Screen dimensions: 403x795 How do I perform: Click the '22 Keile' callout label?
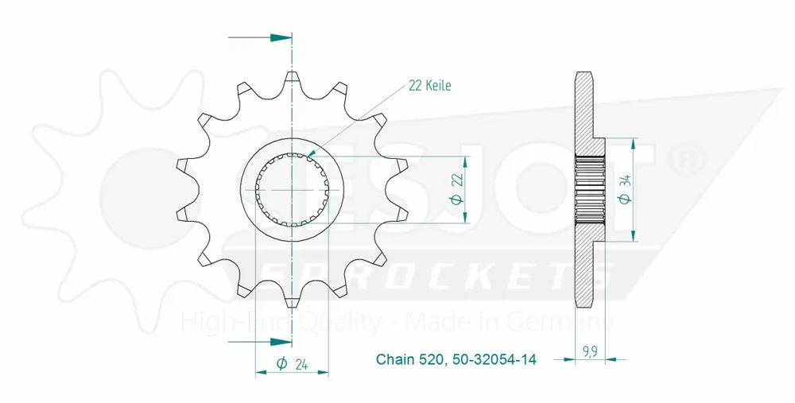point(429,85)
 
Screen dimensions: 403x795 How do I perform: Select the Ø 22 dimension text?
point(456,190)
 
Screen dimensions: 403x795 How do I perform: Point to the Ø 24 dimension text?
point(292,365)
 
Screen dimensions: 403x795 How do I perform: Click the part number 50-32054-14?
point(493,360)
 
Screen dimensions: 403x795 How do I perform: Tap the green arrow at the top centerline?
point(279,37)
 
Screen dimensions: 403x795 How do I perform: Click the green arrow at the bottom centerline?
point(279,343)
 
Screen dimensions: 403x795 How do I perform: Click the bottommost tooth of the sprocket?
point(292,300)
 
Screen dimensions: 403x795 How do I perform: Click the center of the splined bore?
point(292,190)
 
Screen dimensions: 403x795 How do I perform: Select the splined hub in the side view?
point(591,190)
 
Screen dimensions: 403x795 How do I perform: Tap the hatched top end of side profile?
point(583,87)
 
